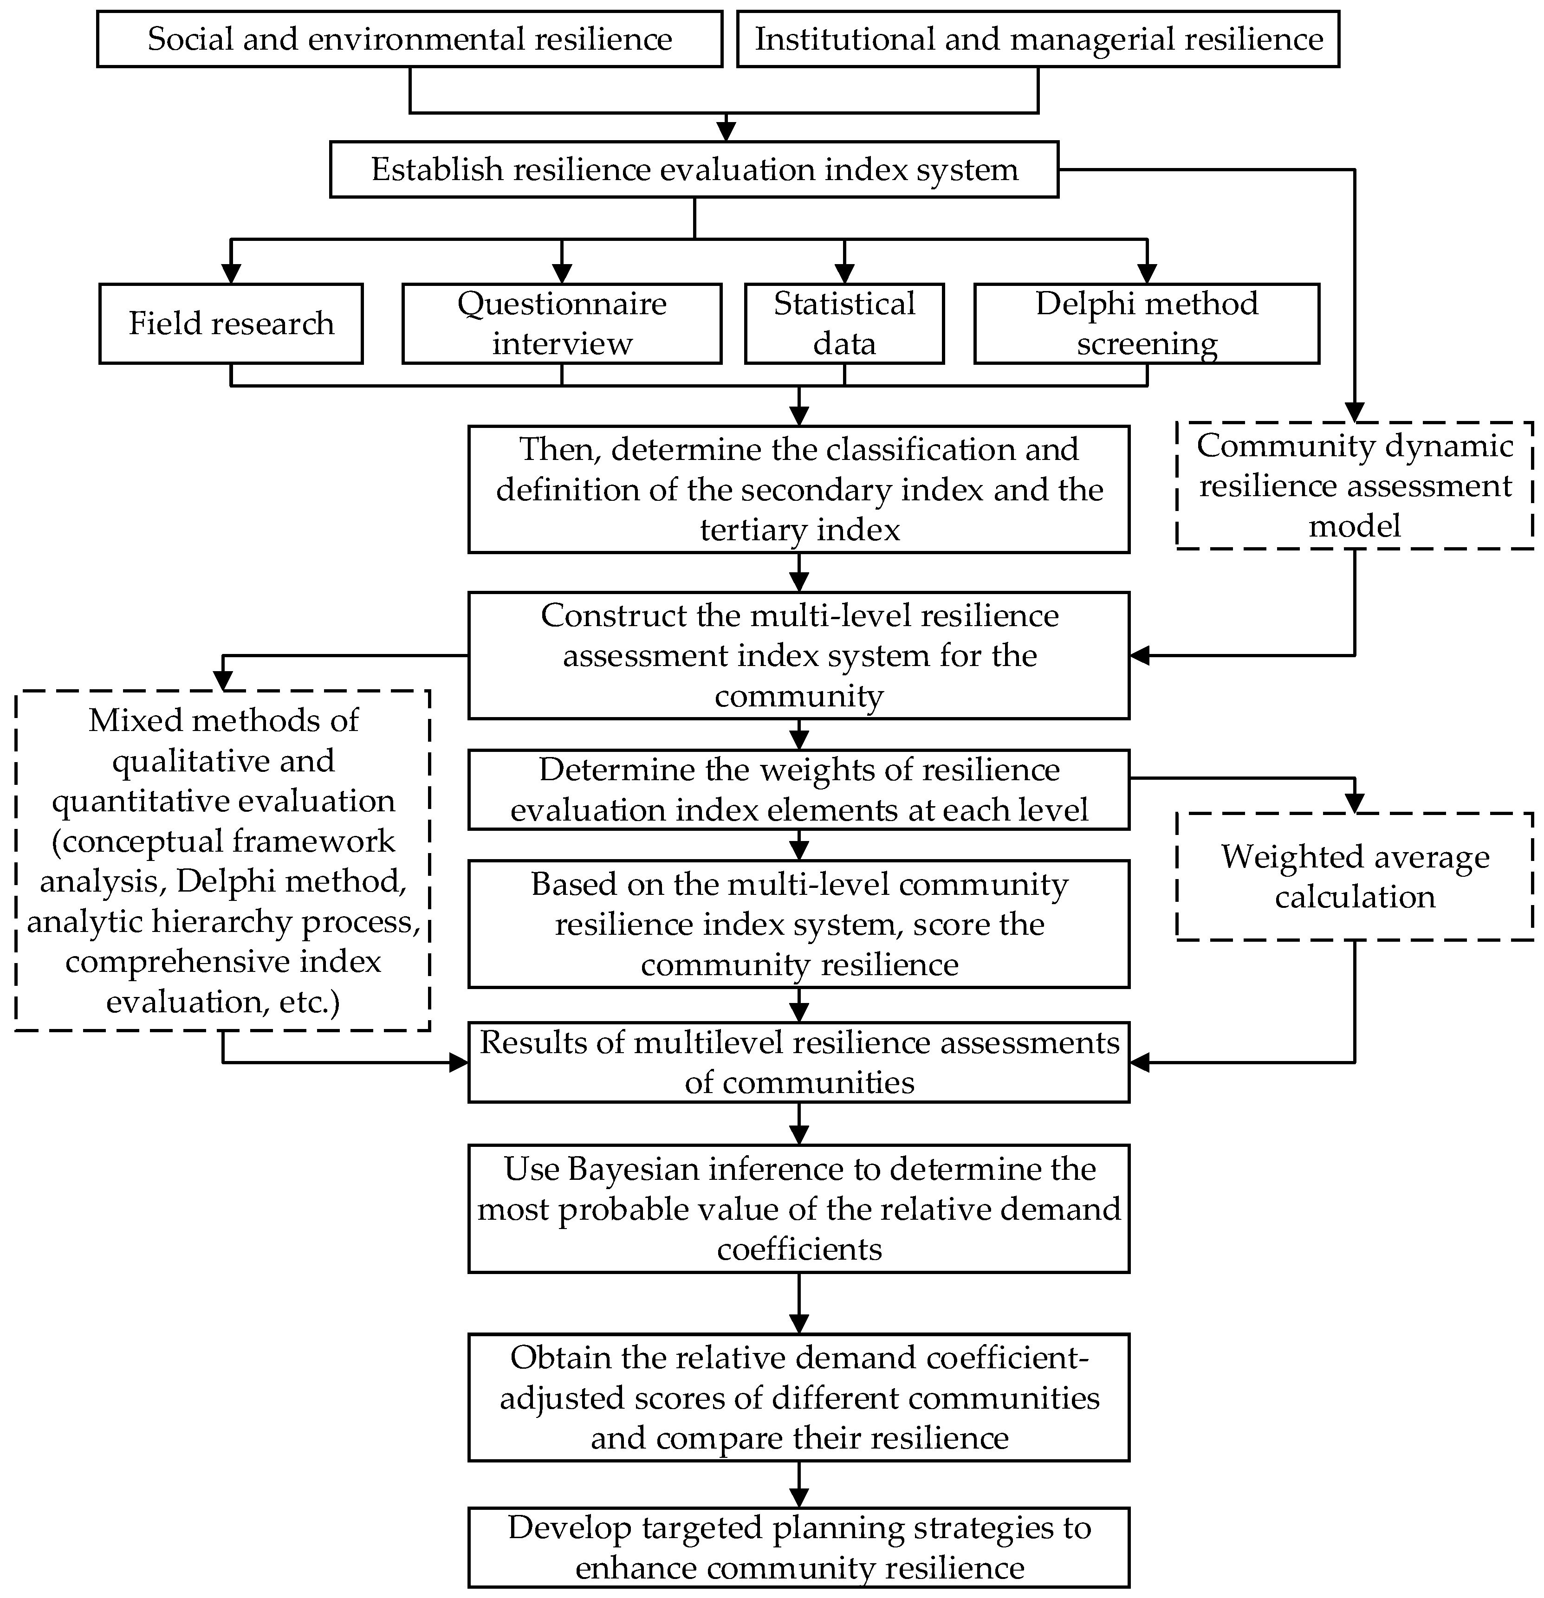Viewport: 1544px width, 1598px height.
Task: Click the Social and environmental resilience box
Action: pos(409,39)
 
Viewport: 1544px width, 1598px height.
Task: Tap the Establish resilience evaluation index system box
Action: pos(694,169)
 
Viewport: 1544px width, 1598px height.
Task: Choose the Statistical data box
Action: pos(844,323)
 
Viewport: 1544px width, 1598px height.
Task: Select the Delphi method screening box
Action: pos(1146,323)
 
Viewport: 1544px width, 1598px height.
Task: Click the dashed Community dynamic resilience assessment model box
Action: pos(1354,486)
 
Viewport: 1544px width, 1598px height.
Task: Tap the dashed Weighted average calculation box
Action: pos(1354,876)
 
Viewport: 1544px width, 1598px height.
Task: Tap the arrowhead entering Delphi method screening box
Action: pos(1147,274)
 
